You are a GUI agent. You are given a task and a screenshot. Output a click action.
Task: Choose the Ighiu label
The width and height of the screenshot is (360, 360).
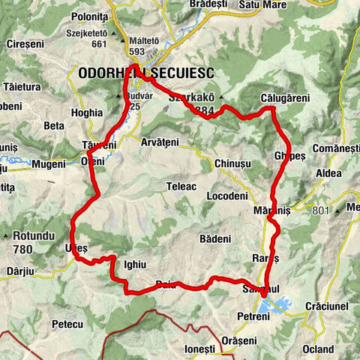coord(134,264)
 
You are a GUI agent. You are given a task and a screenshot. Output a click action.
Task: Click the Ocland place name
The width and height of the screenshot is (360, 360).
coord(319,349)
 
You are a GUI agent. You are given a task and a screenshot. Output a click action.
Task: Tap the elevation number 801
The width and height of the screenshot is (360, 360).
coord(321,211)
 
